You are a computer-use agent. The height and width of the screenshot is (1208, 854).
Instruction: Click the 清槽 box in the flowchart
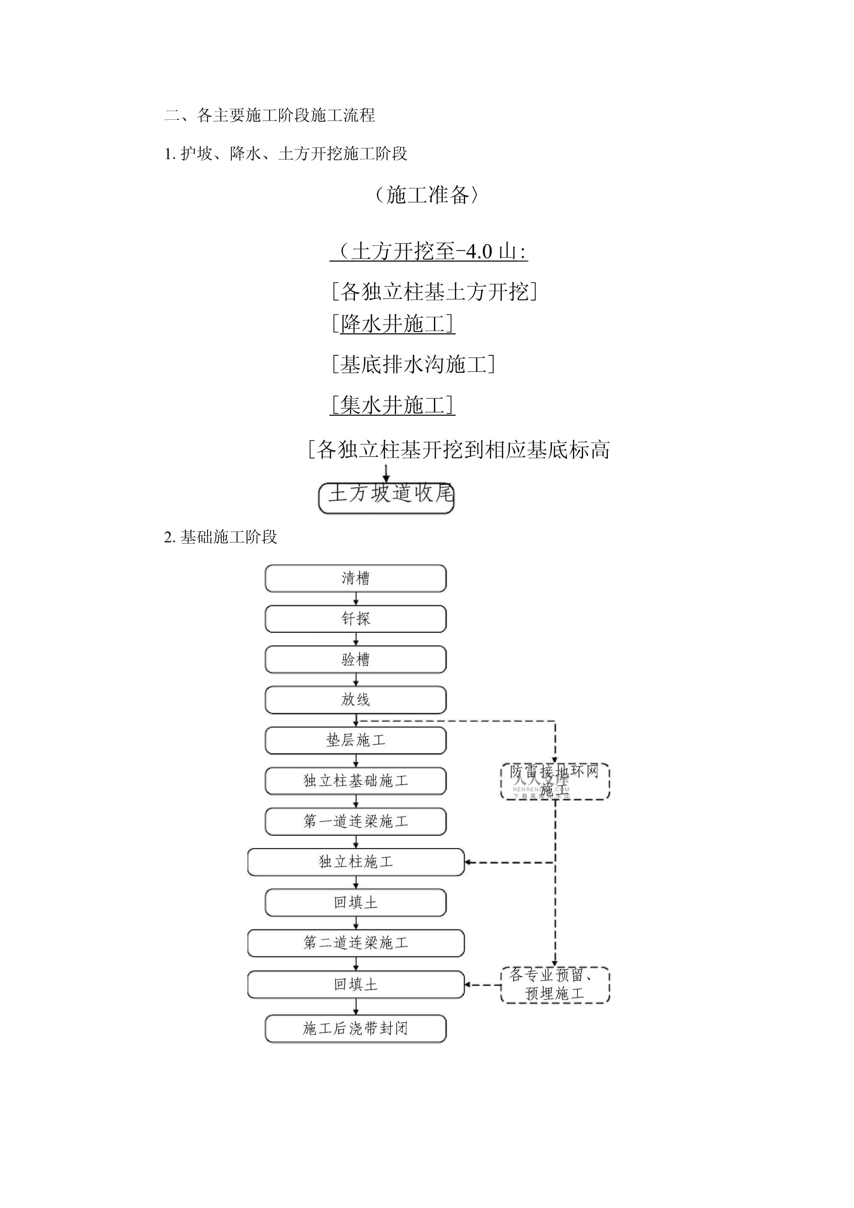pyautogui.click(x=355, y=578)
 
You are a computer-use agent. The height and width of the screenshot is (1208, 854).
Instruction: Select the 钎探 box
pyautogui.click(x=355, y=619)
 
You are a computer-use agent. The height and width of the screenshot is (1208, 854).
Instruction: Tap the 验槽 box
pyautogui.click(x=355, y=659)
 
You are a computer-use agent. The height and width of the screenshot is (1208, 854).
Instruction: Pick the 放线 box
pyautogui.click(x=355, y=700)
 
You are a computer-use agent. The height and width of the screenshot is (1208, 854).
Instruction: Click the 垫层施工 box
pyautogui.click(x=355, y=740)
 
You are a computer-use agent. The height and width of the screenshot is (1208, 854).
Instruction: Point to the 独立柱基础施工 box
pyautogui.click(x=355, y=781)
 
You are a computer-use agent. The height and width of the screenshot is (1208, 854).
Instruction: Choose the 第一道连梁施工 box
pyautogui.click(x=355, y=821)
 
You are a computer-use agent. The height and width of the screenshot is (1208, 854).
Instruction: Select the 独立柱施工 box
pyautogui.click(x=356, y=862)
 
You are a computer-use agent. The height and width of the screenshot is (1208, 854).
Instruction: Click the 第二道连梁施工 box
pyautogui.click(x=356, y=943)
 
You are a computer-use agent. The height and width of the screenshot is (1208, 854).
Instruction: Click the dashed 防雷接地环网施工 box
pyautogui.click(x=555, y=781)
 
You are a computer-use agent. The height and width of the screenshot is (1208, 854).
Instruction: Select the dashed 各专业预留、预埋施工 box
pyautogui.click(x=555, y=984)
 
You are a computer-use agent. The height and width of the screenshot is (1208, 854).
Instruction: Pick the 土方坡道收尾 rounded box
pyautogui.click(x=386, y=494)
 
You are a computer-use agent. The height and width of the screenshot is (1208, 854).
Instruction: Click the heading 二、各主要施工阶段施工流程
pyautogui.click(x=270, y=115)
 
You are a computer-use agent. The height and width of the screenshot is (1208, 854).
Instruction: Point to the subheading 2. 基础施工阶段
pyautogui.click(x=220, y=537)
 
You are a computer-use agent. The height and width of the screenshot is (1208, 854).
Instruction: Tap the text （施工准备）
pyautogui.click(x=427, y=195)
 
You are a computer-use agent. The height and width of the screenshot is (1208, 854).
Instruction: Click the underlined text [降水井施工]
pyautogui.click(x=393, y=324)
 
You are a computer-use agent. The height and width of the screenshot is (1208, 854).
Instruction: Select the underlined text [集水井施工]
pyautogui.click(x=393, y=405)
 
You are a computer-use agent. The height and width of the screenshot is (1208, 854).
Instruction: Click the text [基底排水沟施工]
pyautogui.click(x=413, y=364)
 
